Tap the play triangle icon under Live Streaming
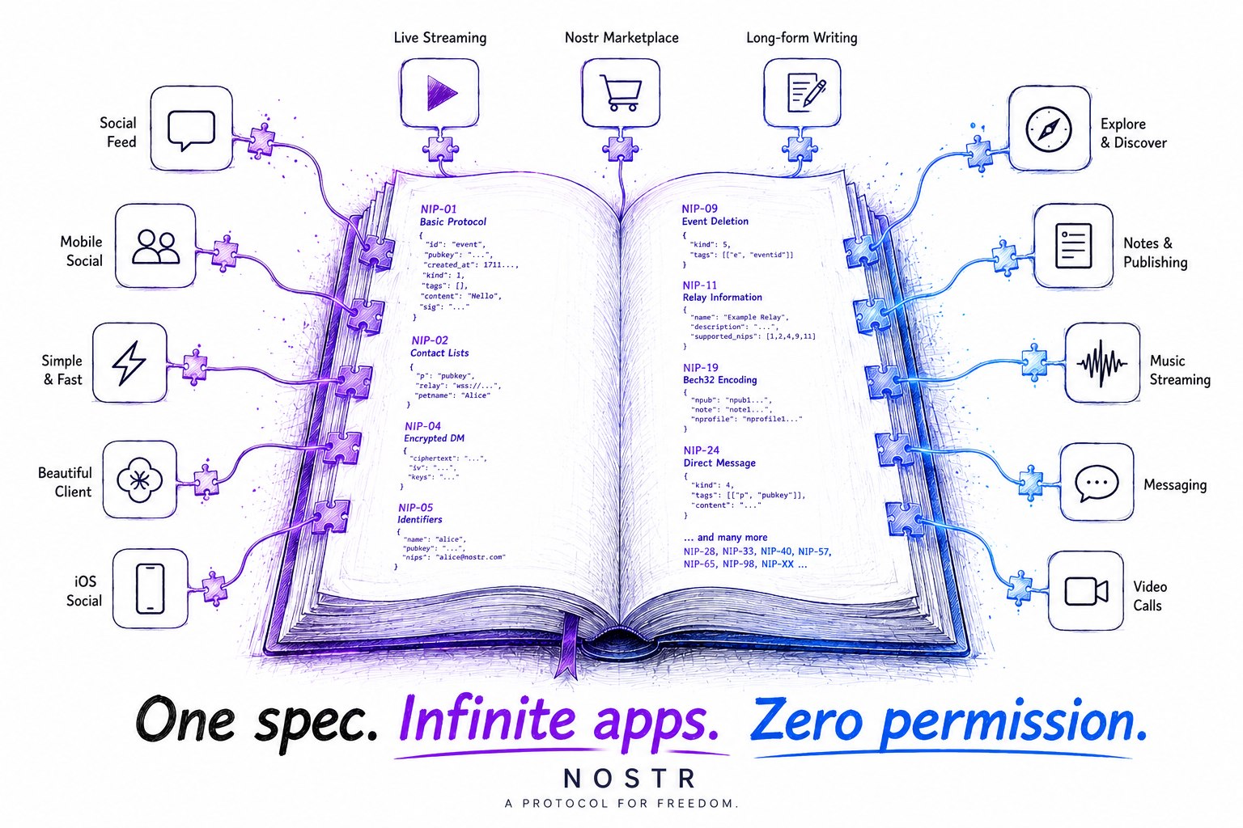point(442,93)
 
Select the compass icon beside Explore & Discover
point(1048,129)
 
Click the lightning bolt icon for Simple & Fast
point(129,363)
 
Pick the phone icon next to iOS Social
point(151,589)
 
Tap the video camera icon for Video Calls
point(1087,590)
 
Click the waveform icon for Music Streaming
point(1102,363)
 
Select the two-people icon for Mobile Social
point(156,247)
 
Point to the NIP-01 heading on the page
point(439,209)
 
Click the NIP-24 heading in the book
point(702,450)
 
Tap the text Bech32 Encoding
point(719,380)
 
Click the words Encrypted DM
point(434,438)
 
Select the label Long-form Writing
point(802,38)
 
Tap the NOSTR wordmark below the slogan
point(630,778)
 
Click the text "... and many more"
point(725,537)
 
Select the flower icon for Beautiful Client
point(139,479)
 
